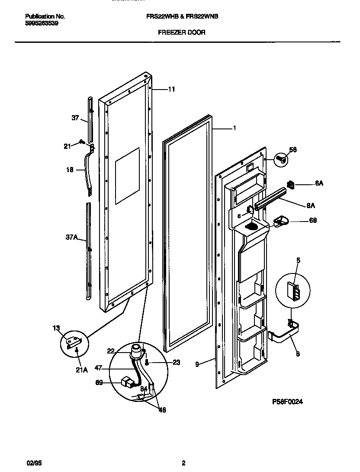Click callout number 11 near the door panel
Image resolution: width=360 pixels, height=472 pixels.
click(x=171, y=90)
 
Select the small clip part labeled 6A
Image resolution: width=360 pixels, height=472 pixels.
click(x=291, y=185)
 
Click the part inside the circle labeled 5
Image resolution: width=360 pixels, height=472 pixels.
click(x=293, y=288)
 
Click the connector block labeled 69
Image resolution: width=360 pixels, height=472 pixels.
click(x=128, y=382)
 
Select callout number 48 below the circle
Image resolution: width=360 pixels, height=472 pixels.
click(x=162, y=410)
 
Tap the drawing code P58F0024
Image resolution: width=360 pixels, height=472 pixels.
click(x=287, y=401)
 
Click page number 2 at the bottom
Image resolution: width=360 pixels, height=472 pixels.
click(x=183, y=463)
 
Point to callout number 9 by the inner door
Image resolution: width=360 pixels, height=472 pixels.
click(x=197, y=365)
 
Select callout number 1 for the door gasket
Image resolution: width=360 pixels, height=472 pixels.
click(x=234, y=128)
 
